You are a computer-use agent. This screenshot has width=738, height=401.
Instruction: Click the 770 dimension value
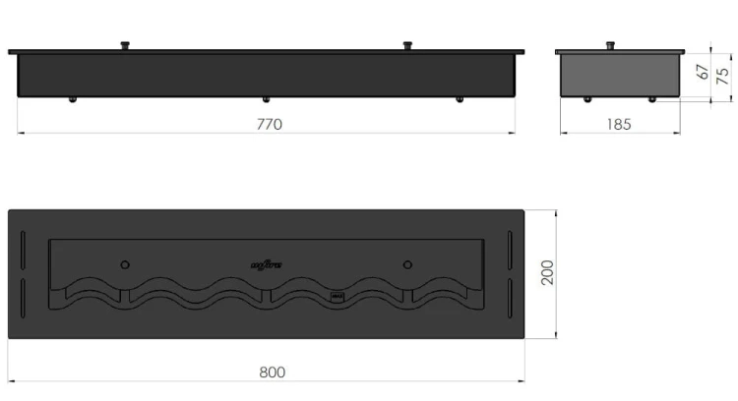pyautogui.click(x=269, y=124)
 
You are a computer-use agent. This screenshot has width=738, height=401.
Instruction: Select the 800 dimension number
pyautogui.click(x=273, y=372)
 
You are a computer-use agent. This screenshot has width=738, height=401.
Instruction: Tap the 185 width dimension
pyautogui.click(x=620, y=124)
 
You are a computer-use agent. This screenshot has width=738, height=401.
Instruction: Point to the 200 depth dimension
pyautogui.click(x=548, y=273)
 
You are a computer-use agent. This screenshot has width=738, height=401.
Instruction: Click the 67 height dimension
pyautogui.click(x=702, y=72)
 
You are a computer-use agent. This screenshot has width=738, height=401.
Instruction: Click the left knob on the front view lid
pyautogui.click(x=125, y=44)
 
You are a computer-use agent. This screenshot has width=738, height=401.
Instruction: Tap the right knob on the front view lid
pyautogui.click(x=406, y=44)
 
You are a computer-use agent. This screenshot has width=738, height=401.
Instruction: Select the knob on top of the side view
pyautogui.click(x=610, y=44)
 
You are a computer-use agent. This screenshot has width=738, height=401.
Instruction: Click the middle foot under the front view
pyautogui.click(x=265, y=98)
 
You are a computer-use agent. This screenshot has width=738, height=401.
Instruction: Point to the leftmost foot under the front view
pyautogui.click(x=72, y=98)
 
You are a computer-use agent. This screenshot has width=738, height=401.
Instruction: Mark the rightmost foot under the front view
pyautogui.click(x=458, y=98)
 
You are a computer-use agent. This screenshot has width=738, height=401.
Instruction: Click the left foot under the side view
pyautogui.click(x=587, y=98)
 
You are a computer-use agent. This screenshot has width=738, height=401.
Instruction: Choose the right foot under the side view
pyautogui.click(x=650, y=98)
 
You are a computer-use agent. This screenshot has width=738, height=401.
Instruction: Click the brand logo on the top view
pyautogui.click(x=266, y=262)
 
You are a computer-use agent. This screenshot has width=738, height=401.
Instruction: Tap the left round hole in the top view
pyautogui.click(x=124, y=263)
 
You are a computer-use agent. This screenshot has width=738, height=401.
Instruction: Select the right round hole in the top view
pyautogui.click(x=406, y=263)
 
